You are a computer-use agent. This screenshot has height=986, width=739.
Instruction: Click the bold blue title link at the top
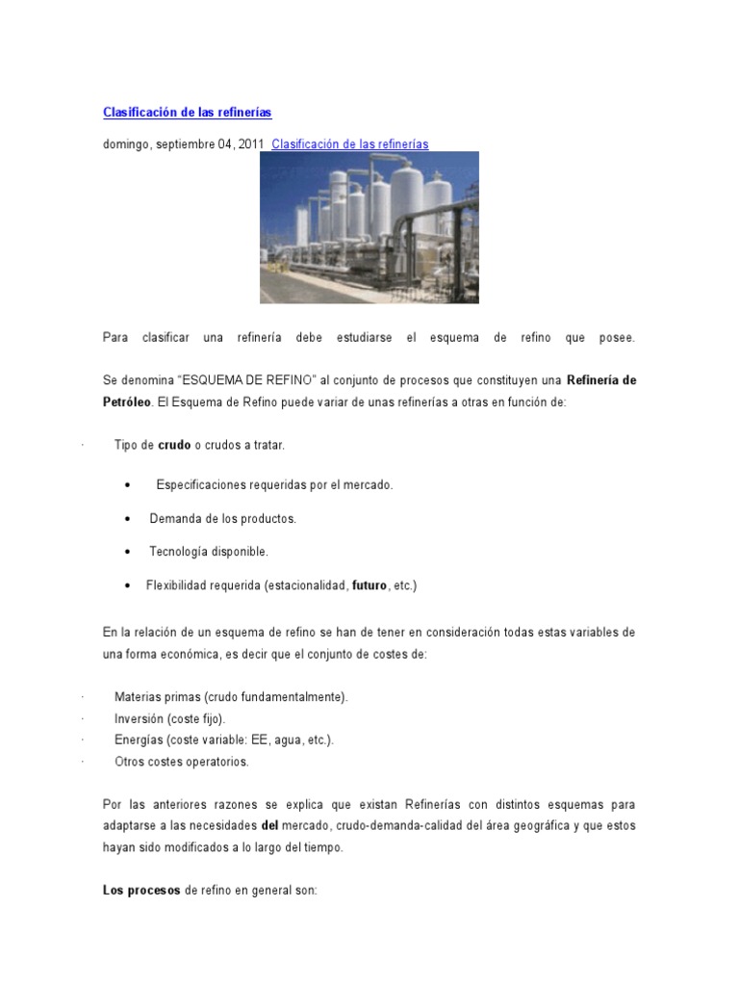188,113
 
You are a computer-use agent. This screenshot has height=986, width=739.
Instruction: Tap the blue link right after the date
350,144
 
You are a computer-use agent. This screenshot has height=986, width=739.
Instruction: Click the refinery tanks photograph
369,227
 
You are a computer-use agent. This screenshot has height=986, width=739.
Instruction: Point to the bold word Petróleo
127,402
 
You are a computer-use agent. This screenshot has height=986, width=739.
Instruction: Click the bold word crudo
174,446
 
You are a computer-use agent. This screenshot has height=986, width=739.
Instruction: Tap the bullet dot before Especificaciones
128,485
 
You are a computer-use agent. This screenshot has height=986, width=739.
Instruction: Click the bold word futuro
369,585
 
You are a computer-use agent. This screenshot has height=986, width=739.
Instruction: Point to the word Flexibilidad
179,585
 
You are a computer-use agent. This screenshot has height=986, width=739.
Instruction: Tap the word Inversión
140,718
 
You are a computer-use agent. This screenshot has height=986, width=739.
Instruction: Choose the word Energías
139,740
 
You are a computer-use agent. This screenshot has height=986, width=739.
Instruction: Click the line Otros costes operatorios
181,762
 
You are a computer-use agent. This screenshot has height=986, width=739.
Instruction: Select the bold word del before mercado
269,826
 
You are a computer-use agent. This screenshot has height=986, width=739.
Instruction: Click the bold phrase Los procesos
141,891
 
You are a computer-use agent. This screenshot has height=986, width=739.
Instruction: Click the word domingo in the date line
125,144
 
